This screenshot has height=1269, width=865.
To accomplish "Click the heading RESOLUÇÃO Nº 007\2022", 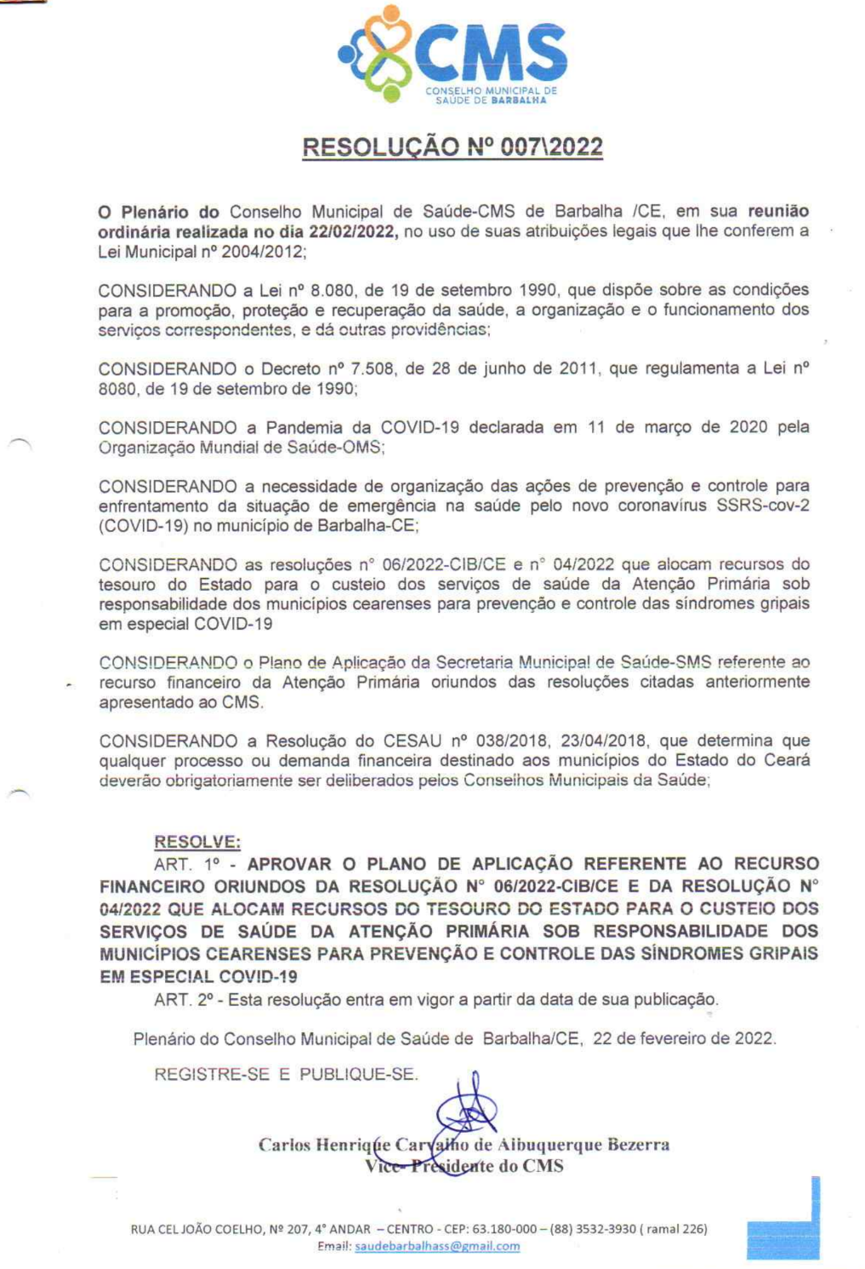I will click(x=452, y=147).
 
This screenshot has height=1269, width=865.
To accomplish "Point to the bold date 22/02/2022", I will click(x=353, y=232).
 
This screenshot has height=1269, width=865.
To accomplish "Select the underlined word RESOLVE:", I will click(x=197, y=842).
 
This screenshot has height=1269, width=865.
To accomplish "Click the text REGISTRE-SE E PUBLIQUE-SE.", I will click(x=286, y=1074).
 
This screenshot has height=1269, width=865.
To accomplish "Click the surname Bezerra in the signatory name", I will click(x=638, y=1145).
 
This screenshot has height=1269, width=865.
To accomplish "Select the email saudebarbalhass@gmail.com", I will click(x=436, y=1246).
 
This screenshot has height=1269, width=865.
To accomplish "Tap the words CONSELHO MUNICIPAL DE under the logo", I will click(x=491, y=90).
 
